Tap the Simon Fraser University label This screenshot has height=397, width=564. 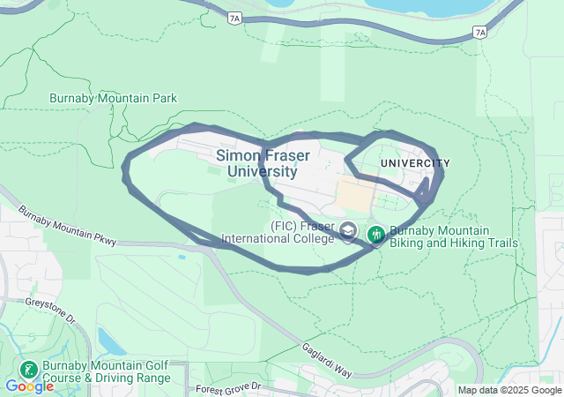(x=262, y=163)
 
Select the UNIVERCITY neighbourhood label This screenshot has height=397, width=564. (x=415, y=163)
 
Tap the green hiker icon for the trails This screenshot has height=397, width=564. (x=376, y=233)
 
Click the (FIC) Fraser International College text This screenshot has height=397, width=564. (x=279, y=231)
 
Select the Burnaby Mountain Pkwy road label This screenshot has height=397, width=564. (x=54, y=226)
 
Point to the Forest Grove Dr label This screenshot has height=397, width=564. (x=230, y=387)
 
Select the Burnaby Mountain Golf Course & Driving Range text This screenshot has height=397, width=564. (x=107, y=372)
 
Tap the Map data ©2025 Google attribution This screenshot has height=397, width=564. (x=508, y=391)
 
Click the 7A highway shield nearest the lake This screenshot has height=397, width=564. (x=479, y=32)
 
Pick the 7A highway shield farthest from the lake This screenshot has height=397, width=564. (x=233, y=18)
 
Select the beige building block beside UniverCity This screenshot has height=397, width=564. (x=356, y=193)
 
